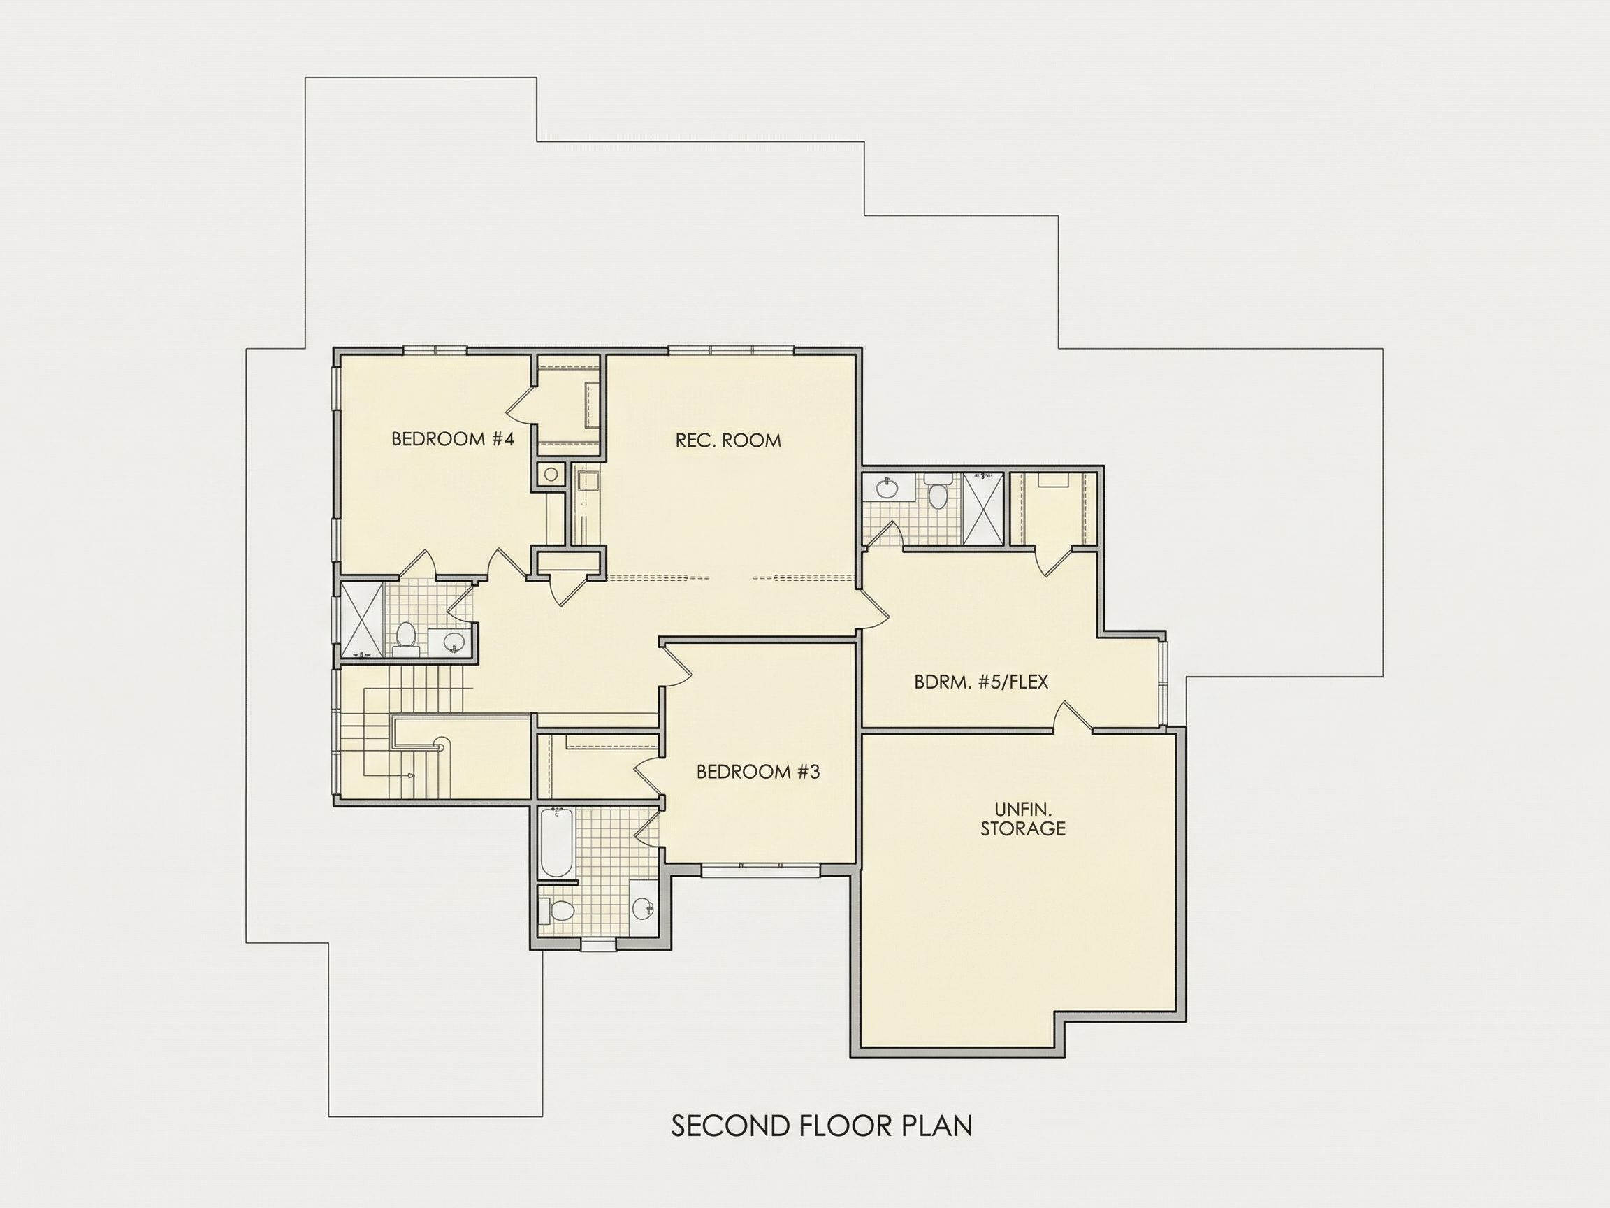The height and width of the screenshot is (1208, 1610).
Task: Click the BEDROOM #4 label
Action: pos(453,439)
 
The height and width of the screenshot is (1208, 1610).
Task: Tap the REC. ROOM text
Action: pos(728,440)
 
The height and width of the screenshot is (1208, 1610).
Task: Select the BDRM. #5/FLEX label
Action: pos(980,682)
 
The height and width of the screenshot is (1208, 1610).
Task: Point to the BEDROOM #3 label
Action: pos(757,772)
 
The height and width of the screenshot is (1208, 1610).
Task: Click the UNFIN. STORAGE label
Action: pos(1022,819)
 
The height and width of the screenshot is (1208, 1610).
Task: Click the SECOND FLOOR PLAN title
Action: pos(821,1126)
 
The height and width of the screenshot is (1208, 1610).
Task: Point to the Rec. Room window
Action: pos(732,351)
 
